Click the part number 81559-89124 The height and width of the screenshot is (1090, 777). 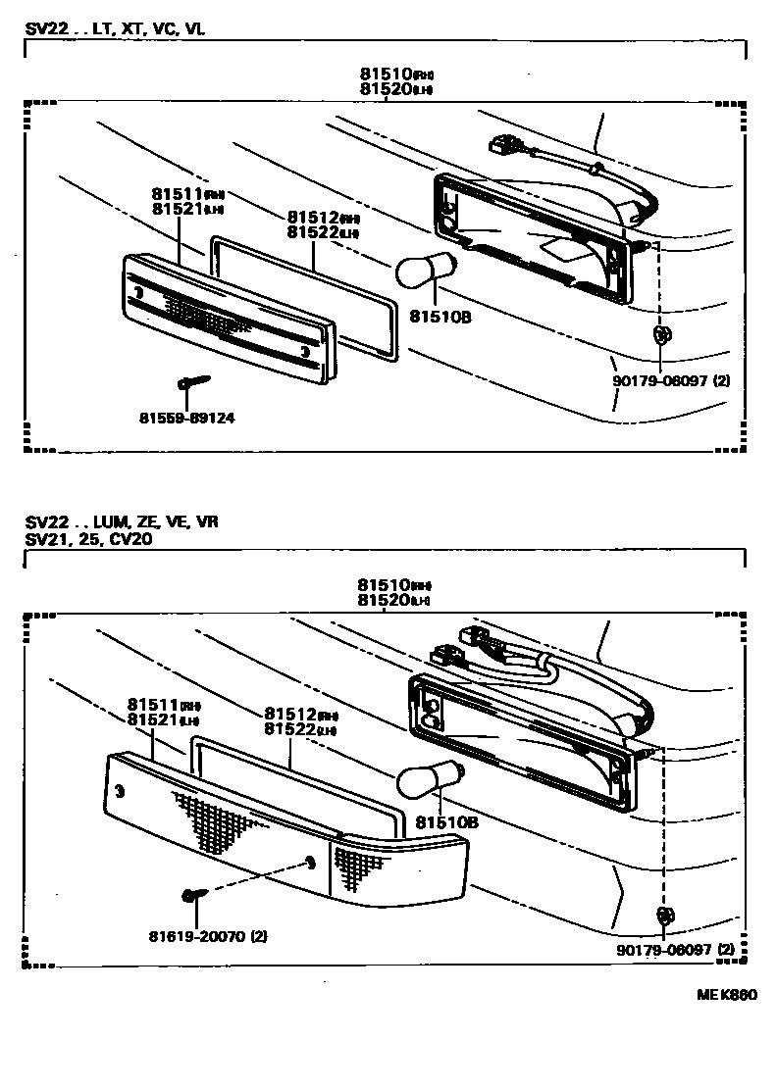(x=186, y=419)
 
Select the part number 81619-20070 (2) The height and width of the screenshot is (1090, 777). (x=209, y=936)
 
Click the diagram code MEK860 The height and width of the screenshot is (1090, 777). (x=727, y=996)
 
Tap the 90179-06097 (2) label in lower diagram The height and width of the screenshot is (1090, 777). (x=675, y=949)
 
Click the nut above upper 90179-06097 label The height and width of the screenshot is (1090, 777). (x=661, y=335)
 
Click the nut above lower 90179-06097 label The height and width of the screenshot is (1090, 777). (x=664, y=916)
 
